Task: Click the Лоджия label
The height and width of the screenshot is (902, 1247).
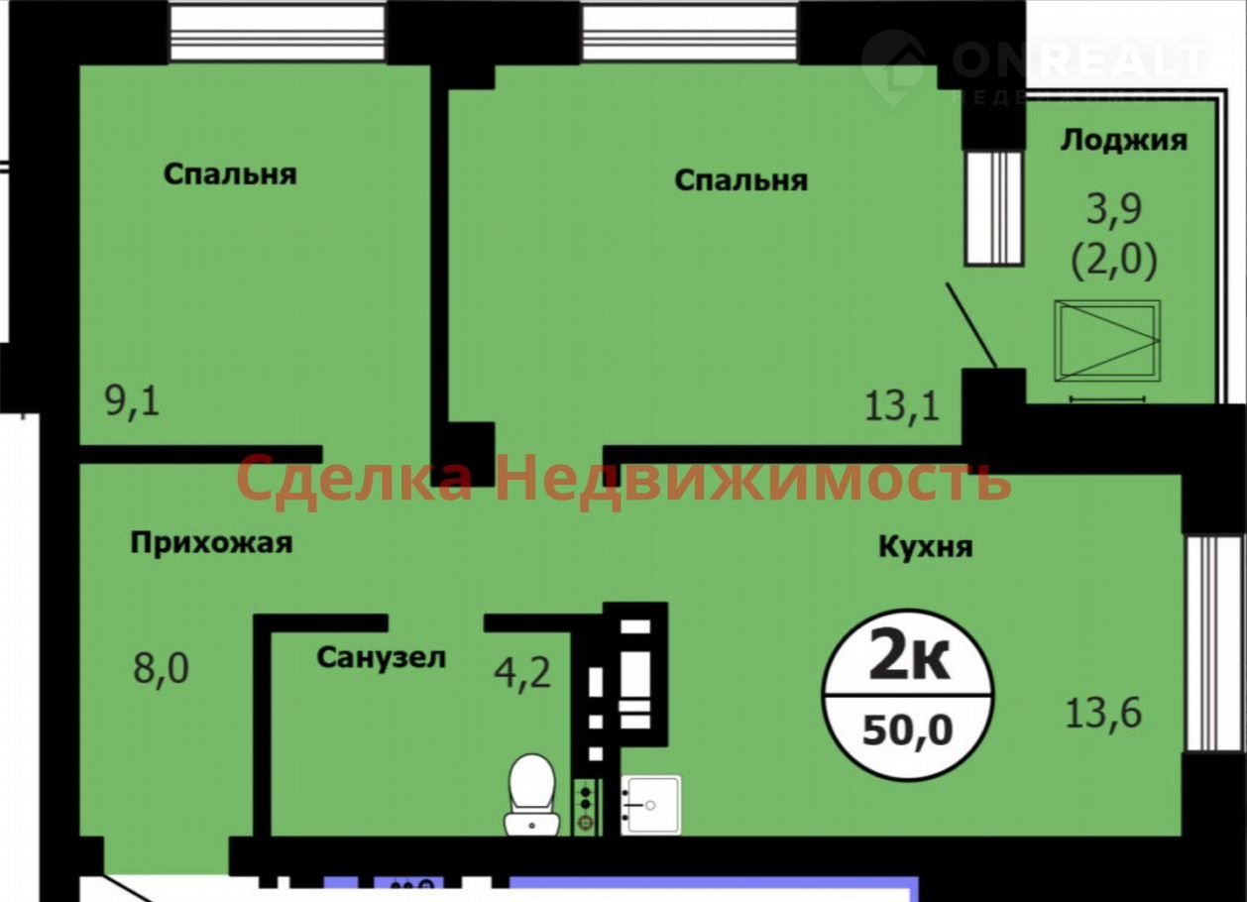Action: point(1124,141)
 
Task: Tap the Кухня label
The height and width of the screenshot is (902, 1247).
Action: point(927,547)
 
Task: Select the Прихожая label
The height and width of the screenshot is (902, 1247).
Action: point(211,543)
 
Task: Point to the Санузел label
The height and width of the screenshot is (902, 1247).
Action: point(382,657)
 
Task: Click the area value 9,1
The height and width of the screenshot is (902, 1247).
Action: point(133,401)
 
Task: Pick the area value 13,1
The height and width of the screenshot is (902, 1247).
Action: point(902,406)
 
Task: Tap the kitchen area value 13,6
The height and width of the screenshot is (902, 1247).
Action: point(1103,714)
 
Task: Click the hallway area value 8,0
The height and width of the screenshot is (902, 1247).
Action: point(162,668)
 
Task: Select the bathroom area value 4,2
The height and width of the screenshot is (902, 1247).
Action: point(522,673)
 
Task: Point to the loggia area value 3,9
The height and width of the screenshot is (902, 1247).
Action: point(1114,210)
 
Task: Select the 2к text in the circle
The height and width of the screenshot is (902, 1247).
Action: point(909,661)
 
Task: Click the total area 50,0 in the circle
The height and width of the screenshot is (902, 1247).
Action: point(907,731)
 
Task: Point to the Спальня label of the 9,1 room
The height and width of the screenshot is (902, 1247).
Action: point(230,174)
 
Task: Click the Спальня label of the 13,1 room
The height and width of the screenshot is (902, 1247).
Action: point(740,181)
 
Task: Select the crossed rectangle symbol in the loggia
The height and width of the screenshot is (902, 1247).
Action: point(1107,341)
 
